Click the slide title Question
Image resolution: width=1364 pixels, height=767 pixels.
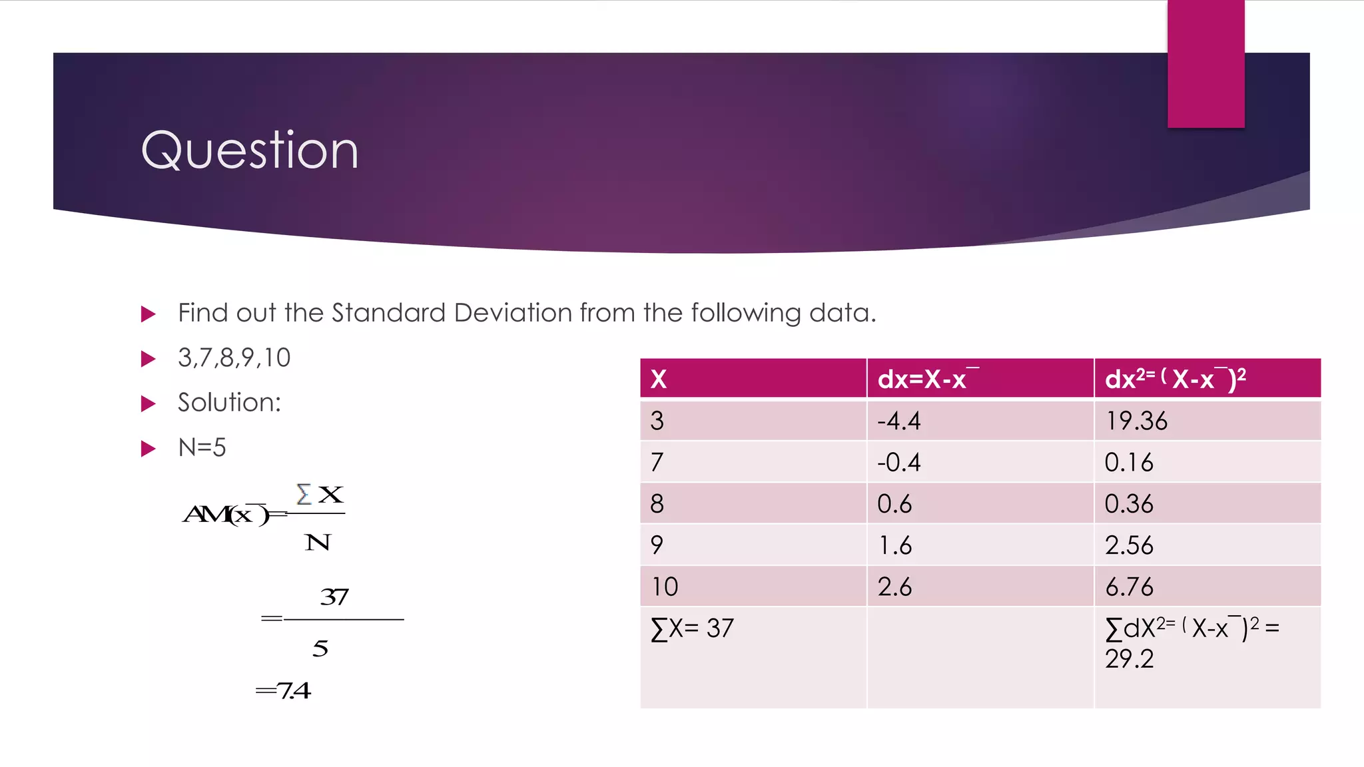click(x=250, y=150)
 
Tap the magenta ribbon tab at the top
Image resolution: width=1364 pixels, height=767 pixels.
click(x=1205, y=64)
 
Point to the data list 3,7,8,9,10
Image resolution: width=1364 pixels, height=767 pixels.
click(x=234, y=358)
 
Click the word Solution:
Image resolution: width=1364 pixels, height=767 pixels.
click(x=229, y=403)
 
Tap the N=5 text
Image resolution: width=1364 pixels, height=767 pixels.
click(x=202, y=447)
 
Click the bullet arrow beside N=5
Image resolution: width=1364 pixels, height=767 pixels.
click(x=149, y=448)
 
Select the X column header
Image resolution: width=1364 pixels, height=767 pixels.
click(x=659, y=379)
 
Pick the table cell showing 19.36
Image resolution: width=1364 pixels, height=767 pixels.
click(x=1136, y=421)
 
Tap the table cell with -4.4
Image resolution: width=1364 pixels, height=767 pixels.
click(x=898, y=421)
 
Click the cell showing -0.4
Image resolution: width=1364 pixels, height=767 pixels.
click(x=898, y=463)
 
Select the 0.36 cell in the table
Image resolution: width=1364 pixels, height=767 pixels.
click(x=1128, y=504)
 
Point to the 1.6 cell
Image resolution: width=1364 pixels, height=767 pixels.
click(x=894, y=546)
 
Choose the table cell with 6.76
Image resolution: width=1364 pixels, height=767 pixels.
click(x=1128, y=587)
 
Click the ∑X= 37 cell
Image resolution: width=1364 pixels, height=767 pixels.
click(x=692, y=629)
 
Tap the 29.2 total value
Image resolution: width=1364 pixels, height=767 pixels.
click(x=1129, y=659)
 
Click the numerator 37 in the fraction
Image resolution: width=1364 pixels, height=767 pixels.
click(x=334, y=597)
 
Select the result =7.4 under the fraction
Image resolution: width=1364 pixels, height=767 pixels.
click(x=284, y=690)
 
